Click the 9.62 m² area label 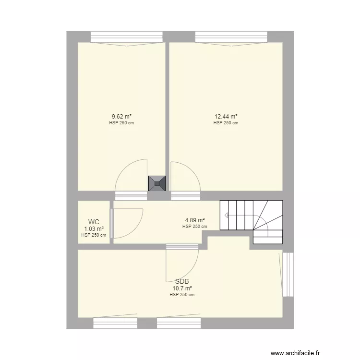[121, 116]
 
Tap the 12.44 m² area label [226, 116]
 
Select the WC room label [94, 222]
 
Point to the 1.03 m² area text [94, 228]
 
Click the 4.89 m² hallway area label [195, 220]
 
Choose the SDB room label [182, 281]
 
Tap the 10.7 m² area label [182, 288]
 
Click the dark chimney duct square [157, 183]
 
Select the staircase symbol [251, 221]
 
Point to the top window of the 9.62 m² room [127, 36]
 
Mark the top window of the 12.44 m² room [231, 36]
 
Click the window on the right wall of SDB [288, 274]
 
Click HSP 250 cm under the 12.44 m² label [226, 123]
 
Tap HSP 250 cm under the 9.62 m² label [121, 123]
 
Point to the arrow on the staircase [227, 216]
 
